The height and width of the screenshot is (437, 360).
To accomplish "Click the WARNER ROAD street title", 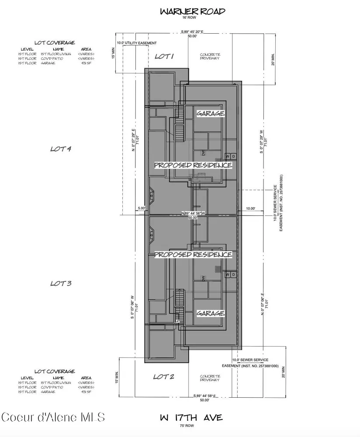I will coord(192,11).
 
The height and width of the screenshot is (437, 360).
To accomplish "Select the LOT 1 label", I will coord(164,56).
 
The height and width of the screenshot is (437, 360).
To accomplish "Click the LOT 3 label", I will coord(61,283).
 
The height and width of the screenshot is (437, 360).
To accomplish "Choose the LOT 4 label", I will coord(61,149).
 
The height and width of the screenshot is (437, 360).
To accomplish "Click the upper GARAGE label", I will coord(210,113).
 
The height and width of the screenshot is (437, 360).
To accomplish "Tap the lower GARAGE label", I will coord(210,313).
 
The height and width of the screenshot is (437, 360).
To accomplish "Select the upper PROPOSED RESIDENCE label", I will coord(193,165).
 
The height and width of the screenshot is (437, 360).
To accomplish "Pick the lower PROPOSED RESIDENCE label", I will coord(193,254).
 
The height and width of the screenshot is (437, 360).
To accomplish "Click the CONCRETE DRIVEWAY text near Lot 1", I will coord(210,57).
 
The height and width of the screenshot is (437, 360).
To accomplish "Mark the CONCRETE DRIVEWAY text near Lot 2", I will coord(210,378).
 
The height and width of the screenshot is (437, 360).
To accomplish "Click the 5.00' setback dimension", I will coord(141,208).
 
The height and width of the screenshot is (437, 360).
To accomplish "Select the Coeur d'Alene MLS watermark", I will coord(53,417).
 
